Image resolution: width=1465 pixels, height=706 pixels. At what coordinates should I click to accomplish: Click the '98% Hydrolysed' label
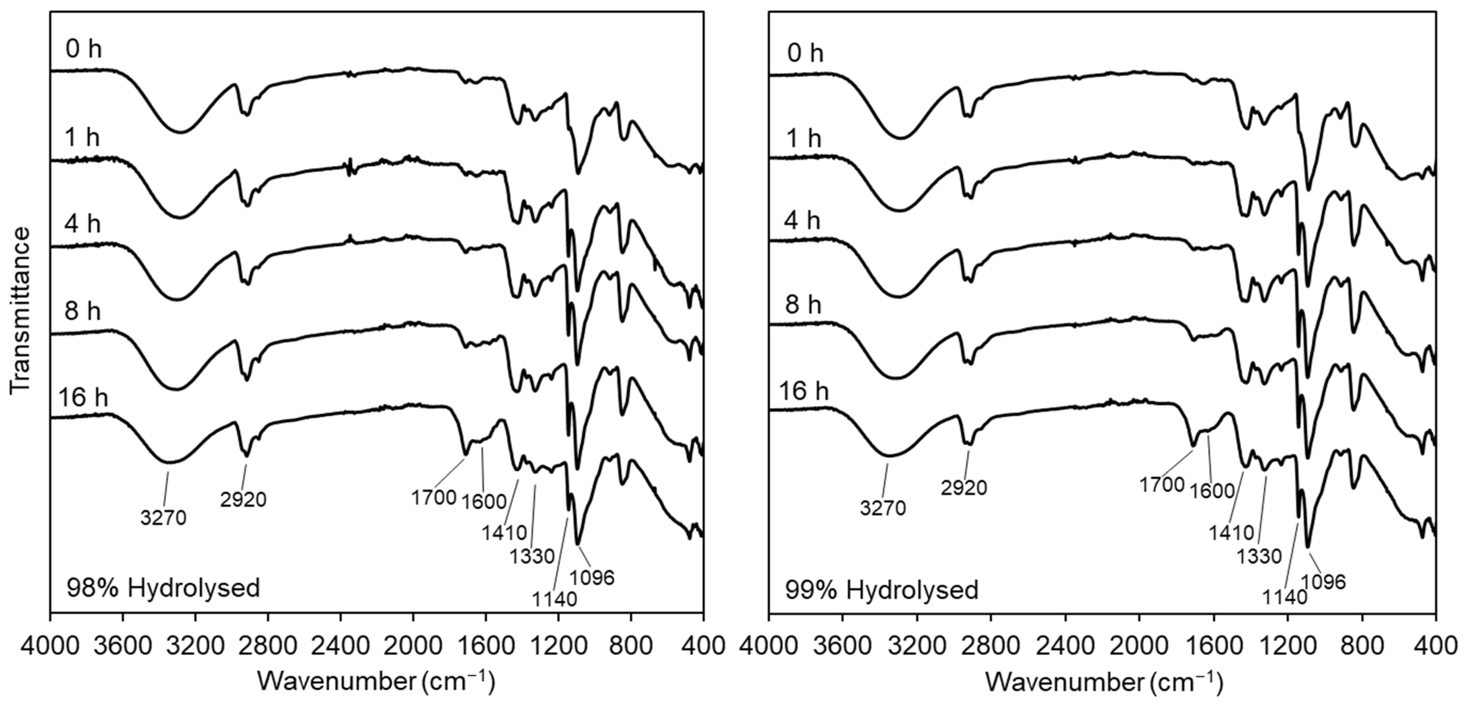(163, 588)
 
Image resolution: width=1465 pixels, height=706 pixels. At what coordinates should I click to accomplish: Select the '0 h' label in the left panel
(84, 50)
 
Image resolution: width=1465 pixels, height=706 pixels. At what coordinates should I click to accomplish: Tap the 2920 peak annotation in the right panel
(963, 488)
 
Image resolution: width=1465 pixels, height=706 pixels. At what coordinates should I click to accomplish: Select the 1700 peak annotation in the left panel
(434, 497)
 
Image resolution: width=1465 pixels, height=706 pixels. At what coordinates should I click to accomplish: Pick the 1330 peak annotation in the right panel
(1259, 556)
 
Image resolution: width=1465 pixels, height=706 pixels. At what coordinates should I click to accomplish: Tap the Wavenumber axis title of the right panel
(1103, 681)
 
